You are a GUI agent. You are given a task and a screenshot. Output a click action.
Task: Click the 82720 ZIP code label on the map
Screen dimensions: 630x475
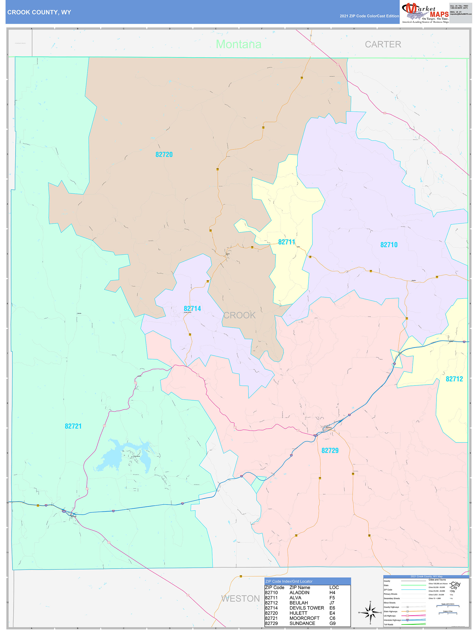(164, 155)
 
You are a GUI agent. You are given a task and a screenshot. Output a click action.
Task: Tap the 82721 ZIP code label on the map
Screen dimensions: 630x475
(73, 426)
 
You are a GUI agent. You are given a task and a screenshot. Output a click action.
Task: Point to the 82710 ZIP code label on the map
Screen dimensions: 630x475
(389, 245)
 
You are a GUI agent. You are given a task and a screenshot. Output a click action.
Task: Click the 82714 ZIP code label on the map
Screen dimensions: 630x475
(192, 309)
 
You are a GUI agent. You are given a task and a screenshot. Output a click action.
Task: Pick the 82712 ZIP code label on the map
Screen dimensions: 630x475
(454, 379)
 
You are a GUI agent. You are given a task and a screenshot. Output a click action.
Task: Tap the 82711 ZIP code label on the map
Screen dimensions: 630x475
(287, 242)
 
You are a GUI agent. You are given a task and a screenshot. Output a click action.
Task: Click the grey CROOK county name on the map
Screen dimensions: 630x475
(239, 315)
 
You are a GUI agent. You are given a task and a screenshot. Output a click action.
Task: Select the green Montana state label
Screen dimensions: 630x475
(238, 44)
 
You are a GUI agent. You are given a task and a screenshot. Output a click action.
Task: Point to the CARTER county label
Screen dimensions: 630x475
(383, 44)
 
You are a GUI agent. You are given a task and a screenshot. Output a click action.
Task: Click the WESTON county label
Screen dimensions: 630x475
(240, 599)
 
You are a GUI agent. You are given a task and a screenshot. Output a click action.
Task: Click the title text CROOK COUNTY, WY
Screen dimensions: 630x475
(39, 12)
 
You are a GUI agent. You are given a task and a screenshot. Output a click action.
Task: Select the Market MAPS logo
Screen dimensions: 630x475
(425, 13)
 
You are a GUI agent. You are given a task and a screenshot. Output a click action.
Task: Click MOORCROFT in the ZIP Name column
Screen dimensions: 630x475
(304, 618)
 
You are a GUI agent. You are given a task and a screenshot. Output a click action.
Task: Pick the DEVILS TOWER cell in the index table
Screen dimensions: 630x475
(306, 608)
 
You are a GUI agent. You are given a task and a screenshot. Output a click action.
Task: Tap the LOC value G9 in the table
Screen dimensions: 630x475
(332, 623)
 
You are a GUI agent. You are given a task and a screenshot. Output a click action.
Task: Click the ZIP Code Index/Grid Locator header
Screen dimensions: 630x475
(289, 581)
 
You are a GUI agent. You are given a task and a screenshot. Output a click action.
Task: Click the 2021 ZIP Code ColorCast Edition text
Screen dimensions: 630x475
(369, 16)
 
